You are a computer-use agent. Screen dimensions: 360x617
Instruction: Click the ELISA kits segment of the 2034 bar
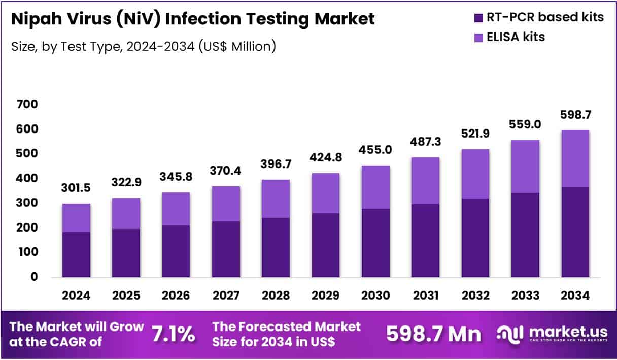574,158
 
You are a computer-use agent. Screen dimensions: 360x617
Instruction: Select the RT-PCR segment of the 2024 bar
76,254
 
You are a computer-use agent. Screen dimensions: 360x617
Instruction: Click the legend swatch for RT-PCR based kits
479,18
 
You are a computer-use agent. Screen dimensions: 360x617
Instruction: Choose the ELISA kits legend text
517,37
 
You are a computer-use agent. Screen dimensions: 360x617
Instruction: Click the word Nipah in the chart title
33,19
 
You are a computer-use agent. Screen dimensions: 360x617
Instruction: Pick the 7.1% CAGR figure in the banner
174,334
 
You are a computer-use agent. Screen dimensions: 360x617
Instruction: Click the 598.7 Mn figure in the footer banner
433,334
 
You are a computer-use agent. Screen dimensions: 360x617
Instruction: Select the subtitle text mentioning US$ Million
143,46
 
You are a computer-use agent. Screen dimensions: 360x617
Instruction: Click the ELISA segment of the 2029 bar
325,193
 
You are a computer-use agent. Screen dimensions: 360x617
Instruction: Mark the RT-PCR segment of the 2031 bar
425,241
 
